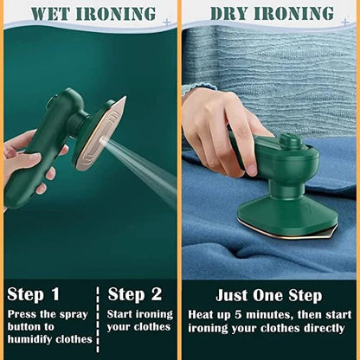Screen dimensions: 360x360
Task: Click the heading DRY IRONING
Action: (272, 14)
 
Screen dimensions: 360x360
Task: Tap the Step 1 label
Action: (34, 293)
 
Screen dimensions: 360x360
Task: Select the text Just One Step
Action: (269, 295)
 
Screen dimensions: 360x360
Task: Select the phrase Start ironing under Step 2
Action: (139, 314)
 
